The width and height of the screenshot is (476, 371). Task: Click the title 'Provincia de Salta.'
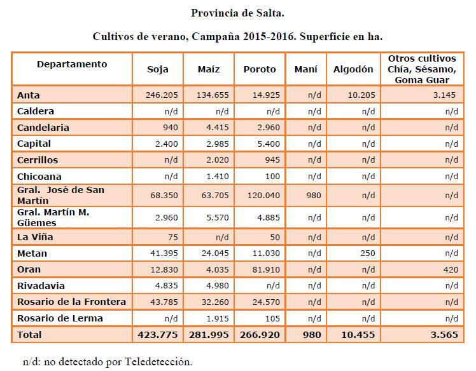[x=237, y=13]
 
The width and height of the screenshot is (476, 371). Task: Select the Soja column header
[x=158, y=69]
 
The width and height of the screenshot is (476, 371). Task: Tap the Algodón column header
[x=353, y=69]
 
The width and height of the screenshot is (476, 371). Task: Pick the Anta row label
[x=28, y=95]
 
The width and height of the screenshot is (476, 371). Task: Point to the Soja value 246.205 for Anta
[x=162, y=95]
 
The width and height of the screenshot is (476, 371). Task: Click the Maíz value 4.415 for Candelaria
[x=218, y=127]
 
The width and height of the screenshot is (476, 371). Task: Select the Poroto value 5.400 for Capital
[x=269, y=144]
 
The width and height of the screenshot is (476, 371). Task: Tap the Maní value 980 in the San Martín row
[x=314, y=195]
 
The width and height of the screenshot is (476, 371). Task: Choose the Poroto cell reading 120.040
[x=263, y=195]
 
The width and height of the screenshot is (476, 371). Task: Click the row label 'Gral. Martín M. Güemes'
[x=53, y=217]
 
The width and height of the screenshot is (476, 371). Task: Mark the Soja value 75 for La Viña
[x=172, y=237]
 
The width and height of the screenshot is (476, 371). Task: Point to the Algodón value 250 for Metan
[x=368, y=253]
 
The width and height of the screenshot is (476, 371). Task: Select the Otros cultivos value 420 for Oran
[x=451, y=269]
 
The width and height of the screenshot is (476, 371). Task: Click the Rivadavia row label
[x=41, y=286]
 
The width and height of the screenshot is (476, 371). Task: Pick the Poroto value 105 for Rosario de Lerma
[x=272, y=318]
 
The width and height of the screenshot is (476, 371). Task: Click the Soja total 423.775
[x=158, y=335]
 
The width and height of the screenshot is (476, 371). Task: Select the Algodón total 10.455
[x=358, y=335]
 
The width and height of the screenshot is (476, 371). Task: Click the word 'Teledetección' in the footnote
[x=158, y=361]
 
